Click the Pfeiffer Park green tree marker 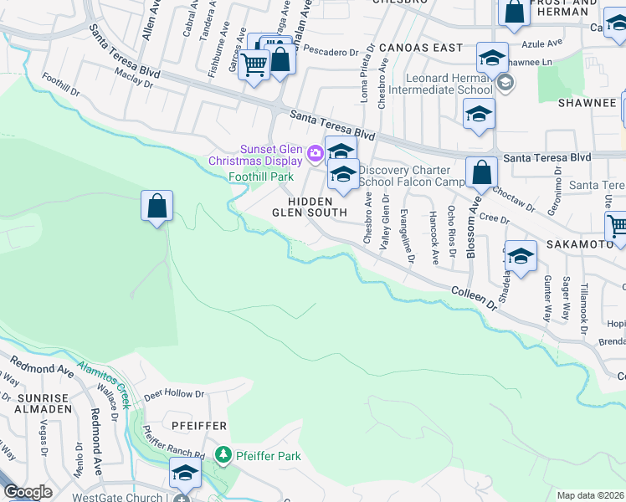pyautogui.click(x=223, y=455)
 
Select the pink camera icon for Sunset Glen pyautogui.click(x=315, y=152)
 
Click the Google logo pyautogui.click(x=28, y=492)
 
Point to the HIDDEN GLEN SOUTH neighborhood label pyautogui.click(x=310, y=207)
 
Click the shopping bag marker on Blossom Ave pyautogui.click(x=481, y=172)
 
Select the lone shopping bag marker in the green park pyautogui.click(x=156, y=205)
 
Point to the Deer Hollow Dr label pyautogui.click(x=174, y=393)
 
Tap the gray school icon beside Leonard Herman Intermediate pyautogui.click(x=505, y=83)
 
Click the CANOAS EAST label pyautogui.click(x=419, y=48)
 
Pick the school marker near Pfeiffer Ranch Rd pyautogui.click(x=185, y=474)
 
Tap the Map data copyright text pyautogui.click(x=591, y=495)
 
